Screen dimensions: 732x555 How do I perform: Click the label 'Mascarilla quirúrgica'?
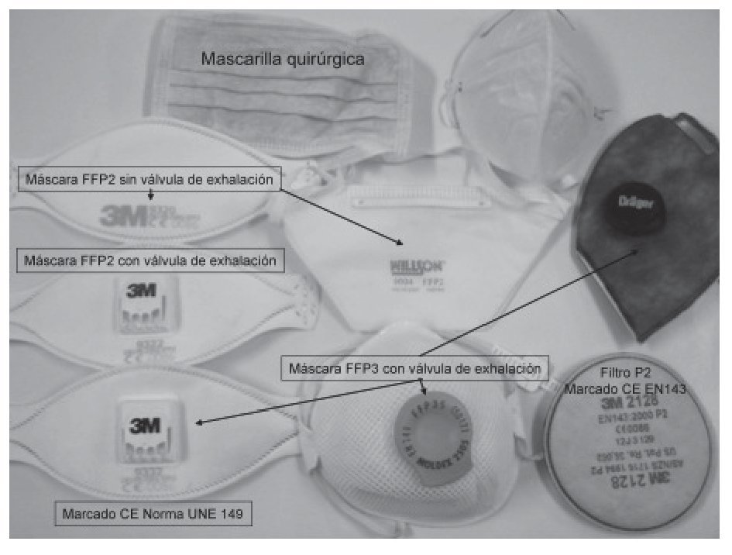click(x=283, y=58)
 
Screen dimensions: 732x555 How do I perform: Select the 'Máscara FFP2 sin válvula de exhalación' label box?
click(x=147, y=180)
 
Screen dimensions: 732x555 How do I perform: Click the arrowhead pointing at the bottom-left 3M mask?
click(x=201, y=423)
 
